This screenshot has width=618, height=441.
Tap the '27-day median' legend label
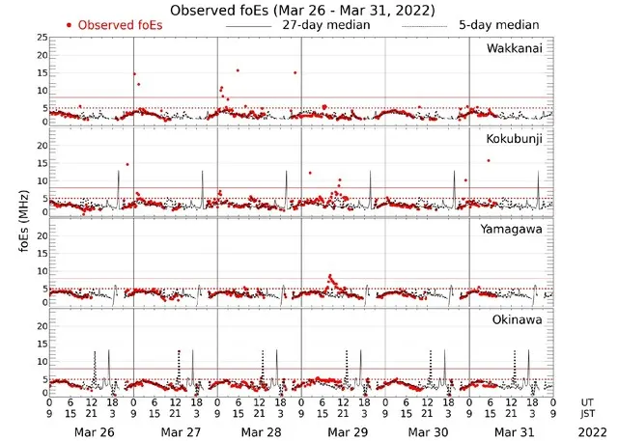325,24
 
